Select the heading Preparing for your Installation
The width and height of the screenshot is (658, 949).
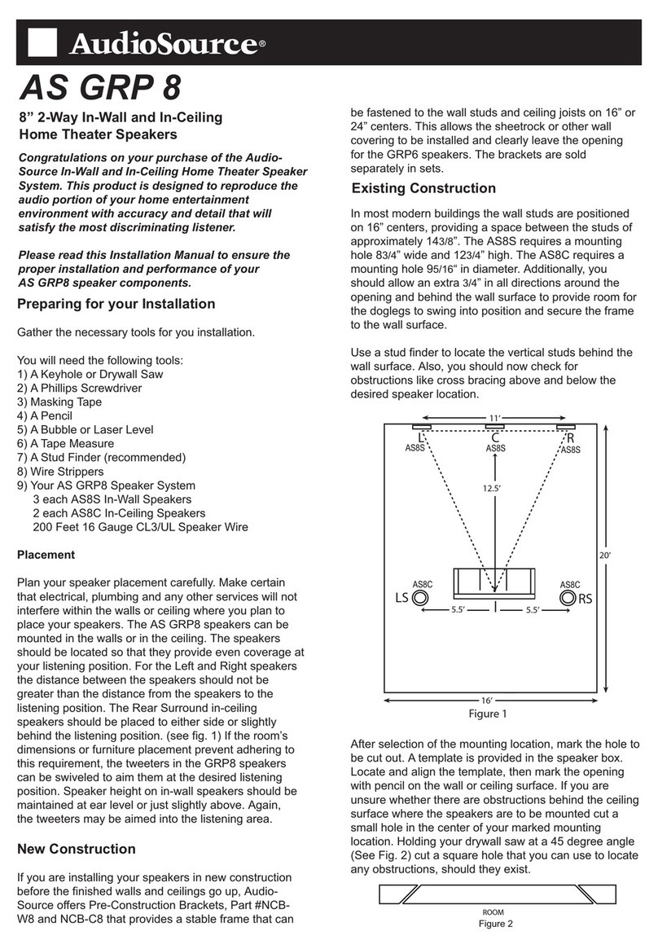click(x=116, y=304)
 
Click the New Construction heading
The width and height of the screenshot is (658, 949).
click(x=76, y=849)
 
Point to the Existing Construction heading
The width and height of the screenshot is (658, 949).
click(x=423, y=188)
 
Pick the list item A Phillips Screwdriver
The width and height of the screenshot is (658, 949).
click(x=80, y=388)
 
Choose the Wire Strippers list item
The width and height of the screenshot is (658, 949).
click(x=60, y=471)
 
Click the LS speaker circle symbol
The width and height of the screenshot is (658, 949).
click(x=420, y=598)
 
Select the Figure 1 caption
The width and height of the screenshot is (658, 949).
click(x=492, y=714)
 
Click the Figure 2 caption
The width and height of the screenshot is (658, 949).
click(x=494, y=923)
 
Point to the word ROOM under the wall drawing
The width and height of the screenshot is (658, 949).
click(x=494, y=912)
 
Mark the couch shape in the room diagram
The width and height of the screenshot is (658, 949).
click(x=493, y=582)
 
